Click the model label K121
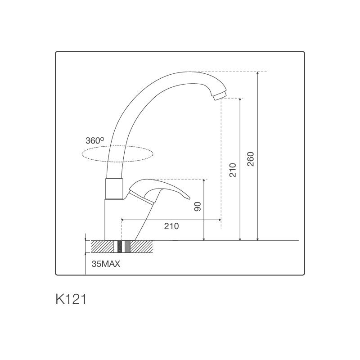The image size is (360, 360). [71, 299]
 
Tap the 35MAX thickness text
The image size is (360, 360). [106, 264]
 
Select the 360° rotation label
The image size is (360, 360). [94, 140]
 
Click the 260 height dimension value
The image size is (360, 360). [251, 159]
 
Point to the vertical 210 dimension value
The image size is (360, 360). [233, 170]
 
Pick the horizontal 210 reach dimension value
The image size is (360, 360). [171, 226]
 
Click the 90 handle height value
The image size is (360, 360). [198, 207]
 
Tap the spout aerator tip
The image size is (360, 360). [220, 95]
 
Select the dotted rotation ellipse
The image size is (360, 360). [117, 145]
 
